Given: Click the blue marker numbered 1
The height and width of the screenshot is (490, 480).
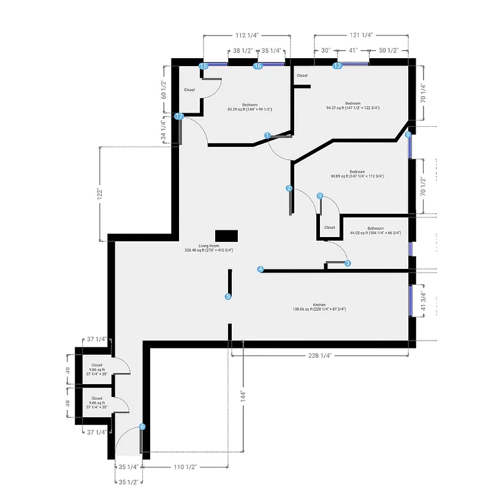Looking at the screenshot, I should [267, 135].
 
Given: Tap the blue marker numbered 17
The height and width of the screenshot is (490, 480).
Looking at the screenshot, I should [180, 116].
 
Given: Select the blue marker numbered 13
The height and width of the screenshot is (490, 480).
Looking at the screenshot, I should [337, 66].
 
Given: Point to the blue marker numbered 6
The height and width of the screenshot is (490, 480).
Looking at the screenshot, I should [142, 427].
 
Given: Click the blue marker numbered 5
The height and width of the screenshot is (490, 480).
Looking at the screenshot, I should [228, 296].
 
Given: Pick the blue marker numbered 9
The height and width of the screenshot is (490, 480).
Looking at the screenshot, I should [319, 195].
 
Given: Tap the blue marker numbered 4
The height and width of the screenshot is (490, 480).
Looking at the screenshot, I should [261, 269].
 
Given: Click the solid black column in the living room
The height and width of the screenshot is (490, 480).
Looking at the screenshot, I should [226, 236].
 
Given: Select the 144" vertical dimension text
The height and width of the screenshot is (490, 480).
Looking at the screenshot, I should [243, 396].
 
